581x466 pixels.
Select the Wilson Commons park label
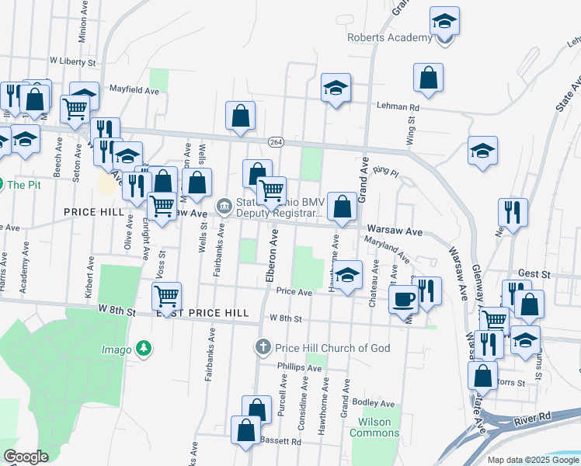click(x=374, y=428)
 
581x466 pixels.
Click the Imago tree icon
click(x=143, y=349)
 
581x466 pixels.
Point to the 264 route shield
click(x=276, y=142)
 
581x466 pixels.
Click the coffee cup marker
click(x=403, y=299)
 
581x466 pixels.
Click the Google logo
click(x=26, y=457)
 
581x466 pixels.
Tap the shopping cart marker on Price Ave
click(x=167, y=296)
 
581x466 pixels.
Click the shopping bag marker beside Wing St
click(x=428, y=78)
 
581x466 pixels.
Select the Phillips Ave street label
click(x=294, y=365)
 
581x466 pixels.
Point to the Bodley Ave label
click(x=374, y=403)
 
